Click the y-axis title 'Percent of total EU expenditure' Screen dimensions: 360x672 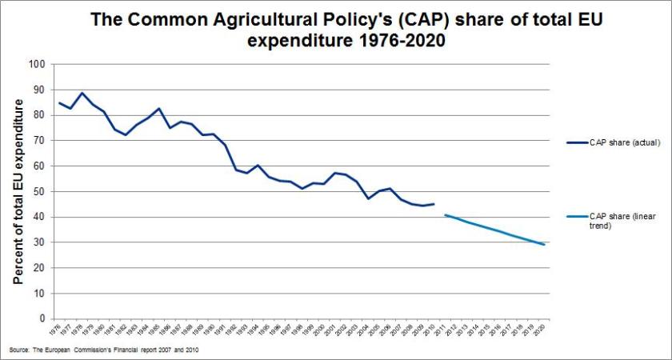coord(17,192)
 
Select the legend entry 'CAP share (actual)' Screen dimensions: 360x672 coord(625,142)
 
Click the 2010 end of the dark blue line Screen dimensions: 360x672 coord(434,204)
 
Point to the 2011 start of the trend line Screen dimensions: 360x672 coord(445,214)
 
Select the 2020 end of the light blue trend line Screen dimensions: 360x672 coord(545,244)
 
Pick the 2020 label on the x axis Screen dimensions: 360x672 coord(545,328)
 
